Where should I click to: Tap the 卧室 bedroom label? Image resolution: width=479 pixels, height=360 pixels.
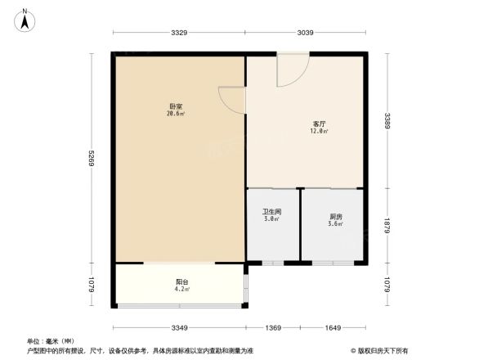pos(175,106)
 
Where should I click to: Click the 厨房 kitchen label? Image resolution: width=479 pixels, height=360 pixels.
pos(334,217)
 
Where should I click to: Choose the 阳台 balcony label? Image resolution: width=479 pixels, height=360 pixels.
pos(182,282)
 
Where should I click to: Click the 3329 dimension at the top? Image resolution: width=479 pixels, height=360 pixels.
pos(180,33)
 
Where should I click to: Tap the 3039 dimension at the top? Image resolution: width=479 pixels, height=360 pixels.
pos(305,33)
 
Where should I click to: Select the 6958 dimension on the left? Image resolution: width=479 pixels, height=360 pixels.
pos(92,158)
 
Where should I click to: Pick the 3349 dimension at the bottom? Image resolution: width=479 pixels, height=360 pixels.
pos(180,327)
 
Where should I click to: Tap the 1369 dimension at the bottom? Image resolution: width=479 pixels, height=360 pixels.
pos(273,327)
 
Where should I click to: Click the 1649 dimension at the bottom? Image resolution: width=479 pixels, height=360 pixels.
pos(334,327)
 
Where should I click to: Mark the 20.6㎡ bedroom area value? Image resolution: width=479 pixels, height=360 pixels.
pos(175,114)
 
